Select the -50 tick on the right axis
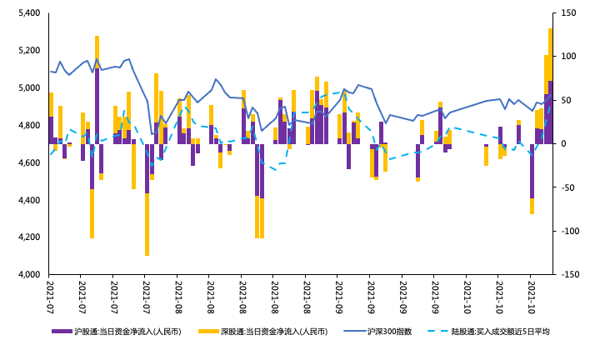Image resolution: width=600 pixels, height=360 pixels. point(571,187)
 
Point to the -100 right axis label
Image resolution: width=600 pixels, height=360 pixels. point(571,231)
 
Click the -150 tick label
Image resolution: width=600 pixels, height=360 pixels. point(571,275)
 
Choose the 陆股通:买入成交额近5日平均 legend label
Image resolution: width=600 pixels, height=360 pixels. point(500,332)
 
